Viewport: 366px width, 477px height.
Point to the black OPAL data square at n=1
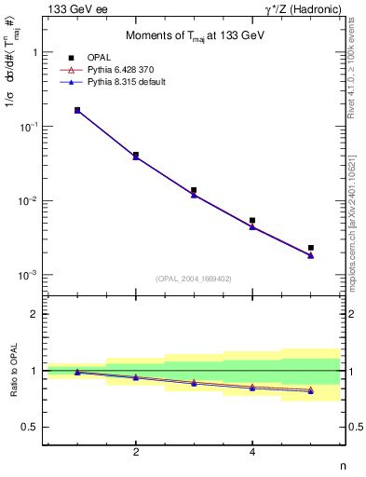pos(77,110)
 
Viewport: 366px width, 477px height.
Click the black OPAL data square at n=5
pos(311,248)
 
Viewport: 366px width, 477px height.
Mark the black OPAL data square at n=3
pos(194,190)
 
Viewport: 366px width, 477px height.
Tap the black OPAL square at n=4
pos(252,221)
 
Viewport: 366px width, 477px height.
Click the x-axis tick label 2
pos(136,452)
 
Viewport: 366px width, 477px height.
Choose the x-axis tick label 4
pos(252,452)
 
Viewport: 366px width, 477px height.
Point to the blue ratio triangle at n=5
pos(311,391)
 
